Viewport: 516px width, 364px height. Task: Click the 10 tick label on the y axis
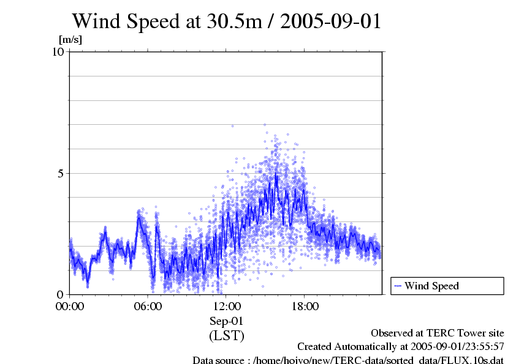point(58,51)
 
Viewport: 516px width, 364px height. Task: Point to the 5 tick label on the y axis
point(61,173)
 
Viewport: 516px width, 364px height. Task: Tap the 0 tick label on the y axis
point(61,294)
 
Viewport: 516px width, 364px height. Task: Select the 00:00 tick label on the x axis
point(70,306)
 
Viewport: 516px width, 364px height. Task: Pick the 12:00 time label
point(227,306)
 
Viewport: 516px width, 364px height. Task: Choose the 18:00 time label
point(305,306)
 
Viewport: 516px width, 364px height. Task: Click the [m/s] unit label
point(70,40)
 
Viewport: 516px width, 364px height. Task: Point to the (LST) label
point(227,335)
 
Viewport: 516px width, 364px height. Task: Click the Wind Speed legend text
point(431,286)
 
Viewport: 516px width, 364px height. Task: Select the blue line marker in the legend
point(398,286)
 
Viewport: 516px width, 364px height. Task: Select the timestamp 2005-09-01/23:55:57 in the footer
point(454,347)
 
